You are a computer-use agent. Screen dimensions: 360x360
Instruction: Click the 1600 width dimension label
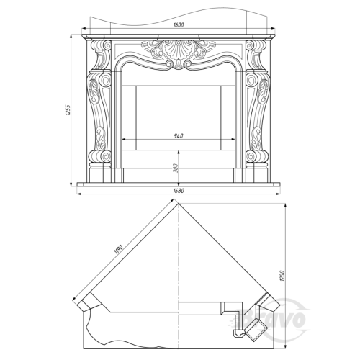point(179,25)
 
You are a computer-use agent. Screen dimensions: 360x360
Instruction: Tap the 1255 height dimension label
point(68,110)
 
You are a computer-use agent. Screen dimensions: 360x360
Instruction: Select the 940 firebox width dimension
point(179,136)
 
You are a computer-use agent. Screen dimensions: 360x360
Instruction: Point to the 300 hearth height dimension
point(175,168)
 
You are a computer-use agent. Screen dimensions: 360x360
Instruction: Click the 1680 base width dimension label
point(179,191)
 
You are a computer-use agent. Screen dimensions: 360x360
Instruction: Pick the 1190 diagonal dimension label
point(119,250)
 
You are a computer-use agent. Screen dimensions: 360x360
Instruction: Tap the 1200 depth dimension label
point(282,276)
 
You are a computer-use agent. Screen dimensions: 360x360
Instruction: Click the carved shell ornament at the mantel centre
point(178,50)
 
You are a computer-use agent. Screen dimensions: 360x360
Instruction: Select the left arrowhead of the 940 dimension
point(124,139)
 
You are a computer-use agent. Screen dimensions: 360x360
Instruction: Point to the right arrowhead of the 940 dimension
point(233,139)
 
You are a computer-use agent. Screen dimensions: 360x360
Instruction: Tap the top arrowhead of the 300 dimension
point(179,153)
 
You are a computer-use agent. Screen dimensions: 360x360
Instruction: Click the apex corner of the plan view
point(179,204)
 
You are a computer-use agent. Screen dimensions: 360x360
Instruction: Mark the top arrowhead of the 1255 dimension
point(71,37)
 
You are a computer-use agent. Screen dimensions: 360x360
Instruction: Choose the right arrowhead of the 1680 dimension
point(278,193)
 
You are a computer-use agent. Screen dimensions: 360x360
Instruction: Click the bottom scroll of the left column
point(99,156)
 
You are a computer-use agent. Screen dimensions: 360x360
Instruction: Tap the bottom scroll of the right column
point(257,156)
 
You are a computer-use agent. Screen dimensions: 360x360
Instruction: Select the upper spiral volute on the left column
point(106,45)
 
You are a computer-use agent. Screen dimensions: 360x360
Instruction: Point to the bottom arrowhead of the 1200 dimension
point(285,346)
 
